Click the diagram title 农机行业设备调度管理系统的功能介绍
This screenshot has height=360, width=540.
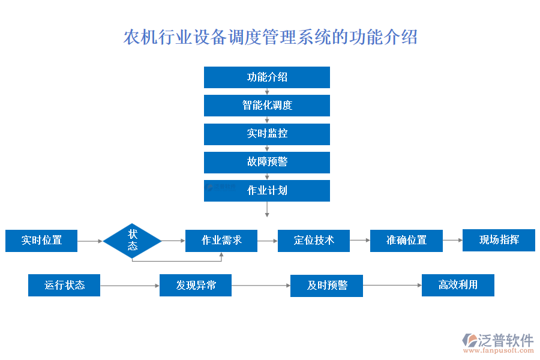point(270,37)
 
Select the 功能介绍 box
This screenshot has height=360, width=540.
point(267,77)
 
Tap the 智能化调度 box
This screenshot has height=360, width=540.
point(267,106)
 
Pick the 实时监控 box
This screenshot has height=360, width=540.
point(267,134)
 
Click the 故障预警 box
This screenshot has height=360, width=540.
point(267,162)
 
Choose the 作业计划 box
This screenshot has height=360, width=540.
point(267,190)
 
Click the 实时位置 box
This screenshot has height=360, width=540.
point(41,241)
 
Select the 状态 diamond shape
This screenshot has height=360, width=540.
point(132,241)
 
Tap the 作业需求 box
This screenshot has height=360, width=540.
point(221,241)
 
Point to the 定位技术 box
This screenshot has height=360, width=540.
point(314,241)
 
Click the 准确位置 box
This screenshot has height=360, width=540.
point(406,241)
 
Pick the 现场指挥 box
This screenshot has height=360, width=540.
point(499,240)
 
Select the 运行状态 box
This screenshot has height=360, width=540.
point(64,285)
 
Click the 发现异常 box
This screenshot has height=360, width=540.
point(196,285)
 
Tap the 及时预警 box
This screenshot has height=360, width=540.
point(326,286)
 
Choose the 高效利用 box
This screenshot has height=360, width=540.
point(458,285)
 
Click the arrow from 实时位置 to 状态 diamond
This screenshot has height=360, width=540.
point(90,241)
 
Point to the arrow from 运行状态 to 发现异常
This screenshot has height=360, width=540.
point(130,286)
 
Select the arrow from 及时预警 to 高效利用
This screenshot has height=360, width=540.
point(392,286)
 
